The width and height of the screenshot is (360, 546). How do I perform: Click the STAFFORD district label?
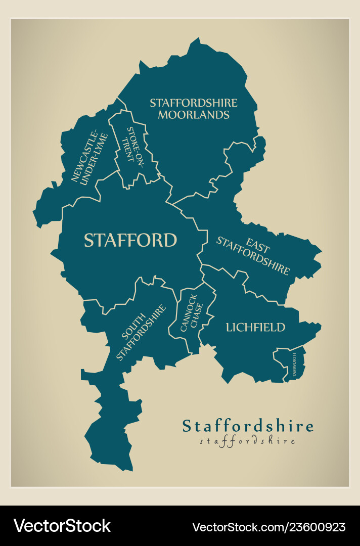(x=130, y=240)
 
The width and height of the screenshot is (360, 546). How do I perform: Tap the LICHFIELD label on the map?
(x=255, y=328)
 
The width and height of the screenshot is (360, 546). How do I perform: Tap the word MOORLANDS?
(x=193, y=115)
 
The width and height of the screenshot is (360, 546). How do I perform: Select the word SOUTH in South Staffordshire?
(x=132, y=329)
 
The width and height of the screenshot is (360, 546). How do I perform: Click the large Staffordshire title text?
(x=248, y=426)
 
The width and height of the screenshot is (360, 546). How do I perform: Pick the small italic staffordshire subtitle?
(x=247, y=441)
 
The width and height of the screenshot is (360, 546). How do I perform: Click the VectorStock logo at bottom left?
(x=62, y=526)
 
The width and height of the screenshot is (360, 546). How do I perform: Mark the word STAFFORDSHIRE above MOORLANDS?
(x=193, y=103)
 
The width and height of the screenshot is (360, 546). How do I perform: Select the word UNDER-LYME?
(x=94, y=158)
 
